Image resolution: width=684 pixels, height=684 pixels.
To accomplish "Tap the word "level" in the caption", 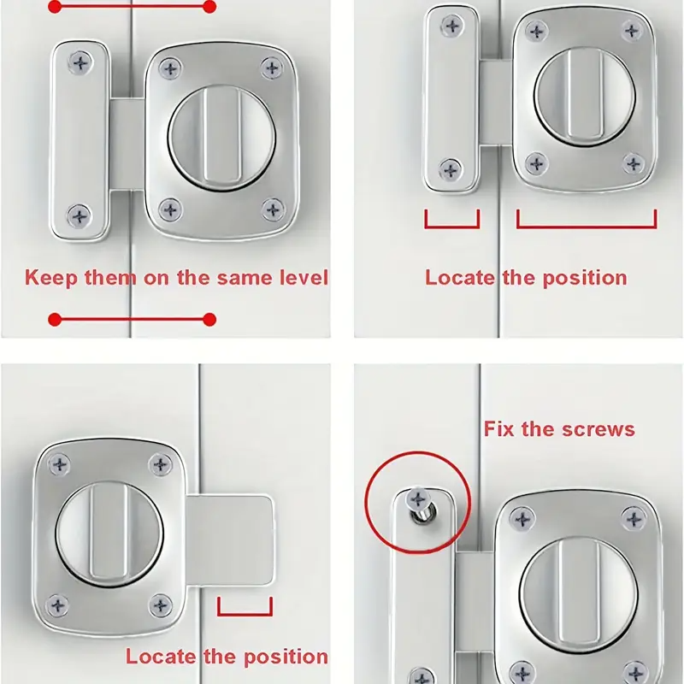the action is pos(304,277).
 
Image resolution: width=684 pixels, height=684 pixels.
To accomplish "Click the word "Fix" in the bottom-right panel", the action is pos(498,429).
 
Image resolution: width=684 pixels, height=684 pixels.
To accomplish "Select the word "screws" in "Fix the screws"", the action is pos(598,430).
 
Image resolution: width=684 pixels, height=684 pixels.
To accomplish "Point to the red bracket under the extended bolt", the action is pos(245,614).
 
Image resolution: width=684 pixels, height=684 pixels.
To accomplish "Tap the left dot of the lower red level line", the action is pos(55,319).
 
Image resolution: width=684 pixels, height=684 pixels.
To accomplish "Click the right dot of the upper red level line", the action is pos(209,7).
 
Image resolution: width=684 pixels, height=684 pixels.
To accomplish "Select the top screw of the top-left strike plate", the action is pos(80,63).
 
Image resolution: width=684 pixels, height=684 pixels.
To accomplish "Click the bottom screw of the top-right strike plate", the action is pos(451,169).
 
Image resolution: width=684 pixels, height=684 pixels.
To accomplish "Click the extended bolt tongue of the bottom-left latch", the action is pos(230,540).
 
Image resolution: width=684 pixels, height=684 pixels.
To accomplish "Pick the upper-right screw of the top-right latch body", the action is pos(632,31).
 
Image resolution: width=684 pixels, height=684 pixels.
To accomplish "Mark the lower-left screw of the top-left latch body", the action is pos(170,209).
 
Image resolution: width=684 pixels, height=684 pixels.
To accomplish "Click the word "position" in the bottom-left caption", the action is pos(286,657).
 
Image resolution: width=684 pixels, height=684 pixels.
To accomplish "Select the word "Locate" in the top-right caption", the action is pos(460,278).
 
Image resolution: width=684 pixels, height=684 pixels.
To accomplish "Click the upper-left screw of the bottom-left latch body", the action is pos(59,464).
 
